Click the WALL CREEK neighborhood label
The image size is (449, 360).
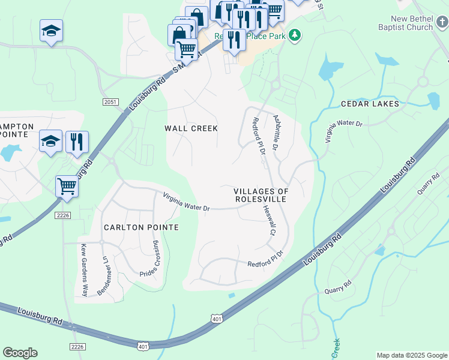191,128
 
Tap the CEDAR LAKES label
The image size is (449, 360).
370,104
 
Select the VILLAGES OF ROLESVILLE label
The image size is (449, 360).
261,195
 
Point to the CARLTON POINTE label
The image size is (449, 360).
141,227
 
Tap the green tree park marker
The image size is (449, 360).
294,35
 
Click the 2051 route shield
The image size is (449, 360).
110,102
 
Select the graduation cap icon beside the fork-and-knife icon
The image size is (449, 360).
51,142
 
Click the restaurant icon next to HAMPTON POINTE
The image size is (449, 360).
77,142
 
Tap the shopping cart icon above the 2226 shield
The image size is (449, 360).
67,185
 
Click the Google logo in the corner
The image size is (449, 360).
20,353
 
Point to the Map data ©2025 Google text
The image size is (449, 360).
412,355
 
